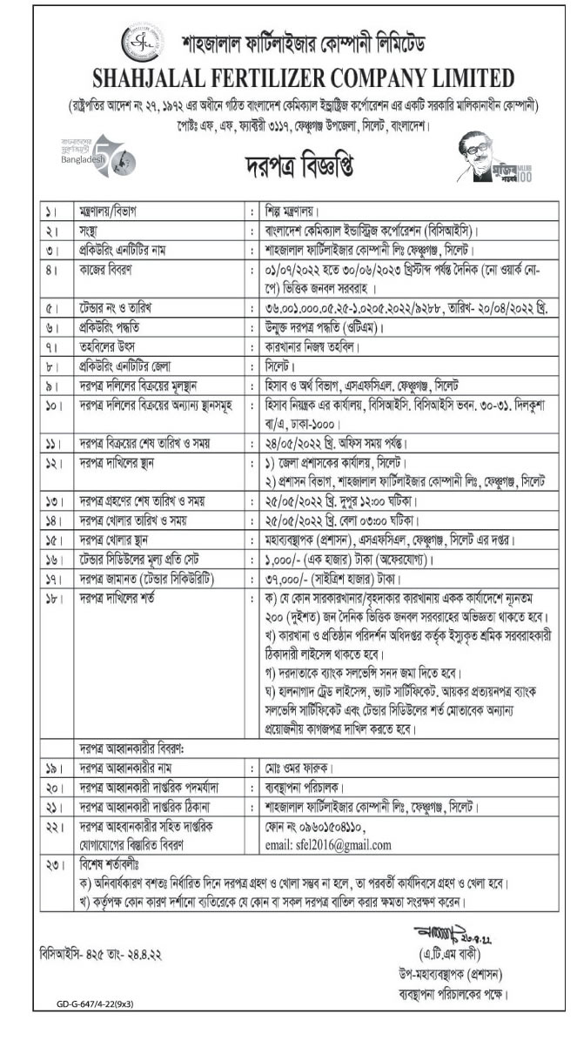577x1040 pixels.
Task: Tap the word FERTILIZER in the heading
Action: (282, 77)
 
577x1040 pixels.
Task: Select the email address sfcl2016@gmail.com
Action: (319, 844)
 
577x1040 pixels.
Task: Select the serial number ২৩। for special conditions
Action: (52, 867)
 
